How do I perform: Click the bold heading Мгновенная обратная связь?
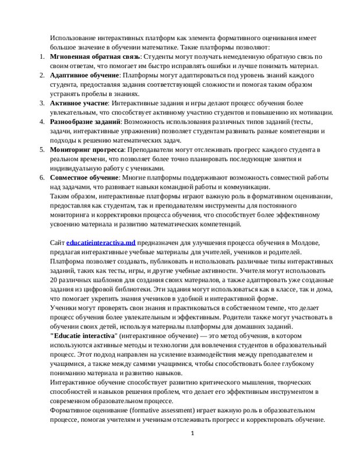coord(95,57)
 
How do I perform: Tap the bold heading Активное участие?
coord(79,103)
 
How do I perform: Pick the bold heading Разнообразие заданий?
coord(85,121)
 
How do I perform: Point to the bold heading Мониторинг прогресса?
coord(86,150)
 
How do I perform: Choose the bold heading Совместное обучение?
coord(84,177)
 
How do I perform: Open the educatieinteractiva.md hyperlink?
coord(101,242)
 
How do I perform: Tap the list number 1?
coord(41,57)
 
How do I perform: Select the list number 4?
coord(41,121)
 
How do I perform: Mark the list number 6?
coord(41,177)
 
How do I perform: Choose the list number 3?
coord(41,103)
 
